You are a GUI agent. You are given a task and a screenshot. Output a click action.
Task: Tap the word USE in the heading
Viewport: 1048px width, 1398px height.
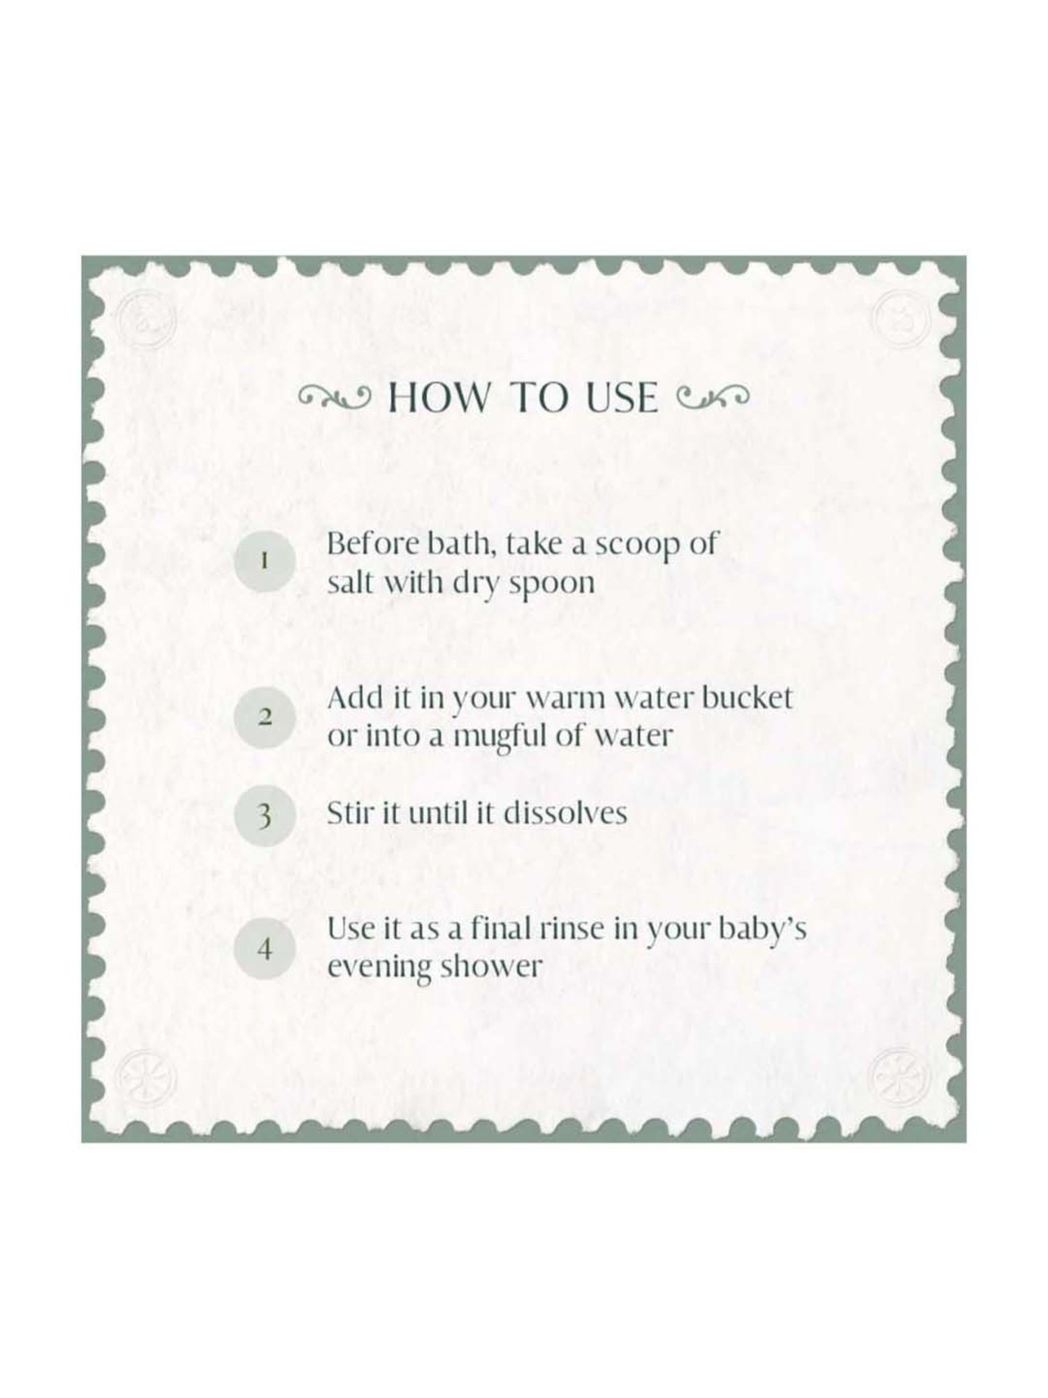pyautogui.click(x=620, y=398)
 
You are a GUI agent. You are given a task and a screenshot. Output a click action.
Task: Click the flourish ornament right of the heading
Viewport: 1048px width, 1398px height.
pyautogui.click(x=713, y=398)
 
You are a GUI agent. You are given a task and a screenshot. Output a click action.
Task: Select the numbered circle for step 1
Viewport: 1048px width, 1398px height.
pyautogui.click(x=264, y=561)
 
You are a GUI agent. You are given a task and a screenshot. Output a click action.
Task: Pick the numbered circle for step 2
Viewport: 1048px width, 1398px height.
pyautogui.click(x=264, y=717)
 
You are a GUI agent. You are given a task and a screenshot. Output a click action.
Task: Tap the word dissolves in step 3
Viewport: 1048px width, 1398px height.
pyautogui.click(x=565, y=814)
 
